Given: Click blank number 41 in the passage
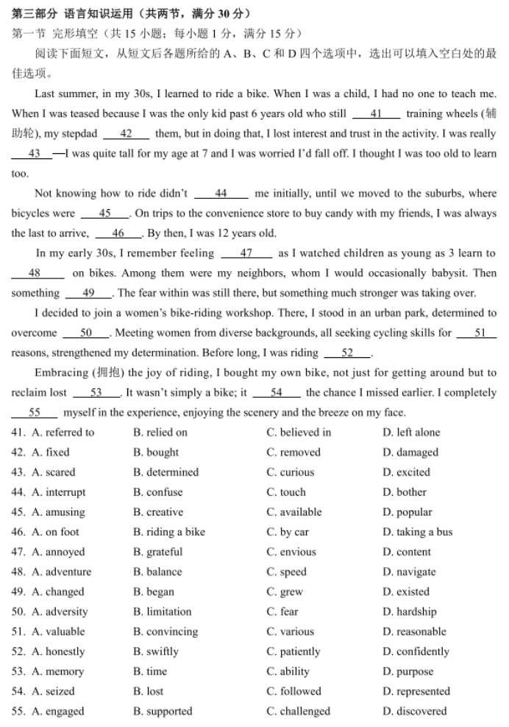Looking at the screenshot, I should click(376, 113).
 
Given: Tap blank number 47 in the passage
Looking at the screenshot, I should click(246, 253).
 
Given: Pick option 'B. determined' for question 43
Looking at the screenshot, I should click(165, 472).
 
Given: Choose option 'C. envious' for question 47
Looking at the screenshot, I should click(291, 552).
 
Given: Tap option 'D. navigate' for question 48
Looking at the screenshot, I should click(409, 572).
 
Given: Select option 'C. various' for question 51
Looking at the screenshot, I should click(290, 631).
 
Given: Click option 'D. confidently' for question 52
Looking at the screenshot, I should click(416, 651).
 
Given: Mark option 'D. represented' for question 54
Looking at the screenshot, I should click(416, 691).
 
